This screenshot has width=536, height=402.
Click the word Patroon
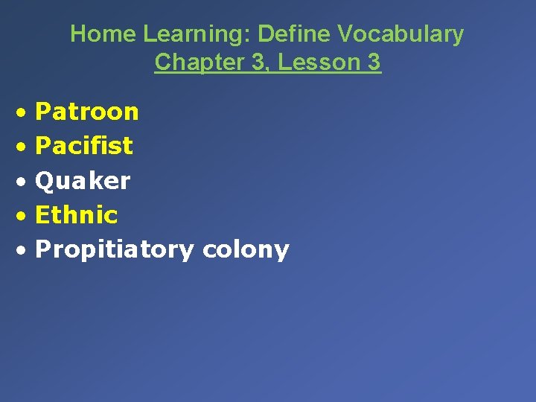[87, 112]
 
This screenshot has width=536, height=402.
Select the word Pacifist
[84, 146]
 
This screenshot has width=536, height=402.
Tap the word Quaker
[83, 181]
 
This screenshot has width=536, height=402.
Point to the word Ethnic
[77, 215]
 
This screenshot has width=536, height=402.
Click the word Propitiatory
[114, 250]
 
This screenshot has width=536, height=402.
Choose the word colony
[246, 250]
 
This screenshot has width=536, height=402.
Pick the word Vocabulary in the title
[401, 34]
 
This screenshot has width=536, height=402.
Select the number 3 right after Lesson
[374, 63]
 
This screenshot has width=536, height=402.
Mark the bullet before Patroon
[25, 113]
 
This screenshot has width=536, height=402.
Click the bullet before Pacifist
[25, 147]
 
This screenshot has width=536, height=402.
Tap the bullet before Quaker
[25, 182]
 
